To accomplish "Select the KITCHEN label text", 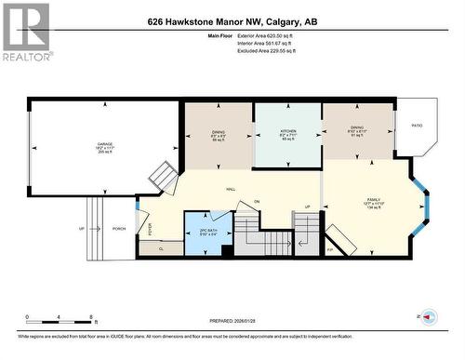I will click(x=288, y=132).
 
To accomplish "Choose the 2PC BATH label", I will click(x=209, y=230).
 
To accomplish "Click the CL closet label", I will click(x=161, y=248).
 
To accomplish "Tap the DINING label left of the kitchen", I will click(x=218, y=132).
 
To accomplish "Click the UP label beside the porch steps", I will click(x=82, y=228).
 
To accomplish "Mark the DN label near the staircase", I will click(x=257, y=202).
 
